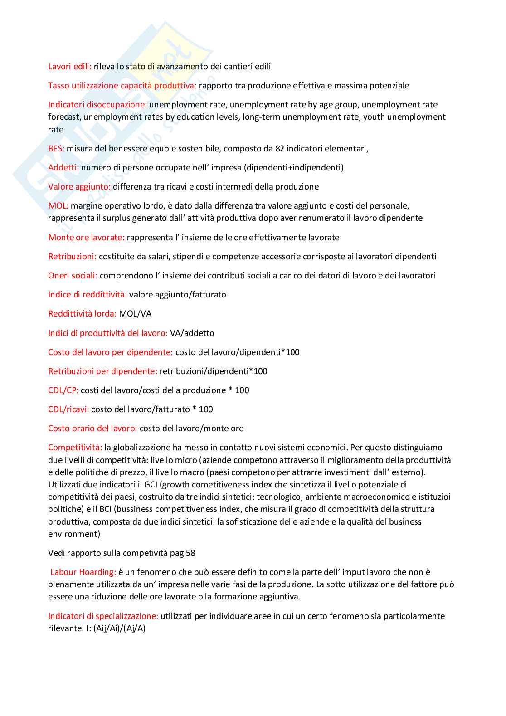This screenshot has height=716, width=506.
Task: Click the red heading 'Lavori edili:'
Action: (70, 67)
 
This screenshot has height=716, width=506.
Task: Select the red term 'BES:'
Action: (56, 149)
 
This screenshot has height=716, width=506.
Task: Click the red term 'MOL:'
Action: (58, 206)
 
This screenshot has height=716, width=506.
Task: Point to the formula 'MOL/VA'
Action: (135, 314)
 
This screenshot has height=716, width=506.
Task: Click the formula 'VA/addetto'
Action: (192, 333)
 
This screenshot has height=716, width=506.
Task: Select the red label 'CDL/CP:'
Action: (63, 390)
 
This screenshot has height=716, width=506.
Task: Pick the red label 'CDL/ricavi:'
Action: (68, 409)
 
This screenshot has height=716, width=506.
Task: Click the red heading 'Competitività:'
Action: (75, 448)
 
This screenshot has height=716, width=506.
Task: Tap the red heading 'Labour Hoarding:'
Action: (83, 572)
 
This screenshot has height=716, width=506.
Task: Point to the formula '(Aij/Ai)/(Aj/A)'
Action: (120, 628)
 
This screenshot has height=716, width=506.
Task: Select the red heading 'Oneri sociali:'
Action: (73, 276)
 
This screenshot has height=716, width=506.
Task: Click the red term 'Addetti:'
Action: (63, 168)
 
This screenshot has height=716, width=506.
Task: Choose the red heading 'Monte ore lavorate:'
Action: (86, 238)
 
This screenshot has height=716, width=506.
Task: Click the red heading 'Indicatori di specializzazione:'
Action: (103, 616)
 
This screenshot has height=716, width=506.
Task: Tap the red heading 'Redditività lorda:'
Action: (82, 314)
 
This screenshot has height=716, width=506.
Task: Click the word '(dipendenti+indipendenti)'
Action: (294, 168)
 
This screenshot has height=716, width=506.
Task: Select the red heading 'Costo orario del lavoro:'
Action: (92, 429)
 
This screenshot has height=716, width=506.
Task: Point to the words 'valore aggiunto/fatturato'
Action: (178, 295)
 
